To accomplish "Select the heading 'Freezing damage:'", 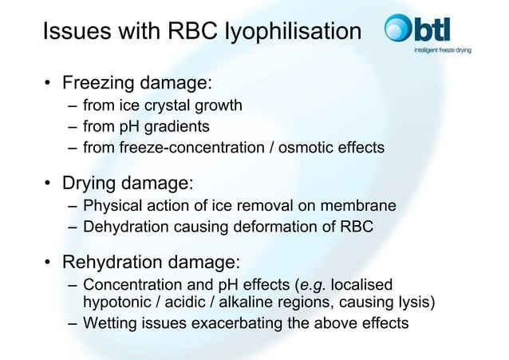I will click(x=136, y=83).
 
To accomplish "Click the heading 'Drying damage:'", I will click(x=128, y=184).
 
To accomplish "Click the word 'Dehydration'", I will click(x=126, y=227).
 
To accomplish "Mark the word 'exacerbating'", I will click(x=229, y=323).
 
